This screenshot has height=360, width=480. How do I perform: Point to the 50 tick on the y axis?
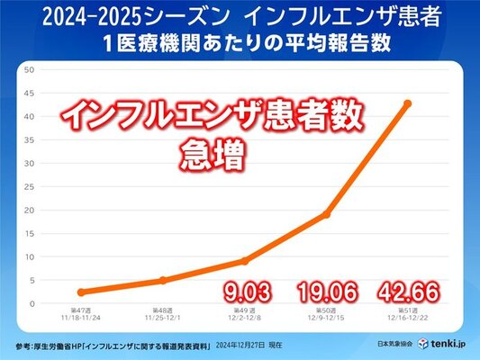(x=29, y=69)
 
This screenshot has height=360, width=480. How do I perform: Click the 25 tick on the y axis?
(x=29, y=186)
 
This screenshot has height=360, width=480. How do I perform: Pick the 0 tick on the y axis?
(x=32, y=303)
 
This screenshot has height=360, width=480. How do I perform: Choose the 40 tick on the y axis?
(x=29, y=116)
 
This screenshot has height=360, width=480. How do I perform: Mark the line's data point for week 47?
(x=81, y=292)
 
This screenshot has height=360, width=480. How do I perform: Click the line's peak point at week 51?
(x=408, y=103)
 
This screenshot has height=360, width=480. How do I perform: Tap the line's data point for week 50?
(x=326, y=214)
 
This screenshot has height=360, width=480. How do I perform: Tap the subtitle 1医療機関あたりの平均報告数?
(x=240, y=43)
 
